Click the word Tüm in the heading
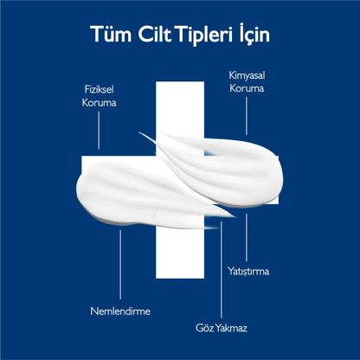(x=111, y=34)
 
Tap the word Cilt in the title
(x=156, y=34)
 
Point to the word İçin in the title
(x=254, y=35)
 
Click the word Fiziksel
(x=99, y=89)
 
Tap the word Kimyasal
(x=247, y=75)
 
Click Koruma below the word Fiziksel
(x=99, y=103)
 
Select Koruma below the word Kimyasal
(x=247, y=88)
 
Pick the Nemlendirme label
(x=120, y=312)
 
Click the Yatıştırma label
(x=248, y=272)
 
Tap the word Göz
(x=204, y=328)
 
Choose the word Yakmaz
(x=231, y=328)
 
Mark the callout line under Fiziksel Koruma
(x=99, y=131)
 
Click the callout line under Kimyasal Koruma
(x=247, y=116)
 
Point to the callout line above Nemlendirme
(x=120, y=265)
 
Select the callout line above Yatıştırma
(x=247, y=238)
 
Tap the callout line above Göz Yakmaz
(x=222, y=270)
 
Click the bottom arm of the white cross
(x=180, y=253)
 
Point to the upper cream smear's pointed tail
(x=139, y=132)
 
